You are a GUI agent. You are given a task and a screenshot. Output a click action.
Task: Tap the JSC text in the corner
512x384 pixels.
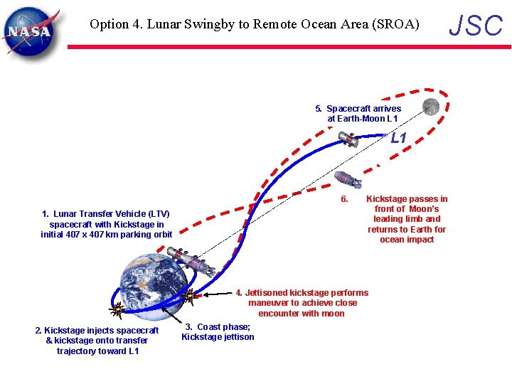click(x=476, y=26)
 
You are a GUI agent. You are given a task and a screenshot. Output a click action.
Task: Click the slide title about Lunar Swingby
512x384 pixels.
click(x=255, y=24)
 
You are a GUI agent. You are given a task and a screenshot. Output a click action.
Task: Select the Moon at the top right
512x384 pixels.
click(x=430, y=107)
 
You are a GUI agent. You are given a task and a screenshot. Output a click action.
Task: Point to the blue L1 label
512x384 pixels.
click(x=398, y=139)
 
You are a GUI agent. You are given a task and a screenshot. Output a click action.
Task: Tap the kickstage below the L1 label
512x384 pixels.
click(x=348, y=179)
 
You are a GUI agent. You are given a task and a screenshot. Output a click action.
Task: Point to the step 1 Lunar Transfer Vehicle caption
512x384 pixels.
click(x=107, y=224)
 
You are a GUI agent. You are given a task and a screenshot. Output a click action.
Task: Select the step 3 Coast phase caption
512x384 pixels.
click(x=218, y=332)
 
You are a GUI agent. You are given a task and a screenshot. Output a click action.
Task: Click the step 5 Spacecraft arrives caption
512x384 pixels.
click(x=358, y=114)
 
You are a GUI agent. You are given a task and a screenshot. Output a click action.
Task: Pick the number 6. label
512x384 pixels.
click(x=344, y=199)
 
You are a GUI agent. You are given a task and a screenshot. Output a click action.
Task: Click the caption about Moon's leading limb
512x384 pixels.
click(x=407, y=219)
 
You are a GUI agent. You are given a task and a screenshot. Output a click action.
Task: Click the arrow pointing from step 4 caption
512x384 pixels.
click(x=216, y=293)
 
